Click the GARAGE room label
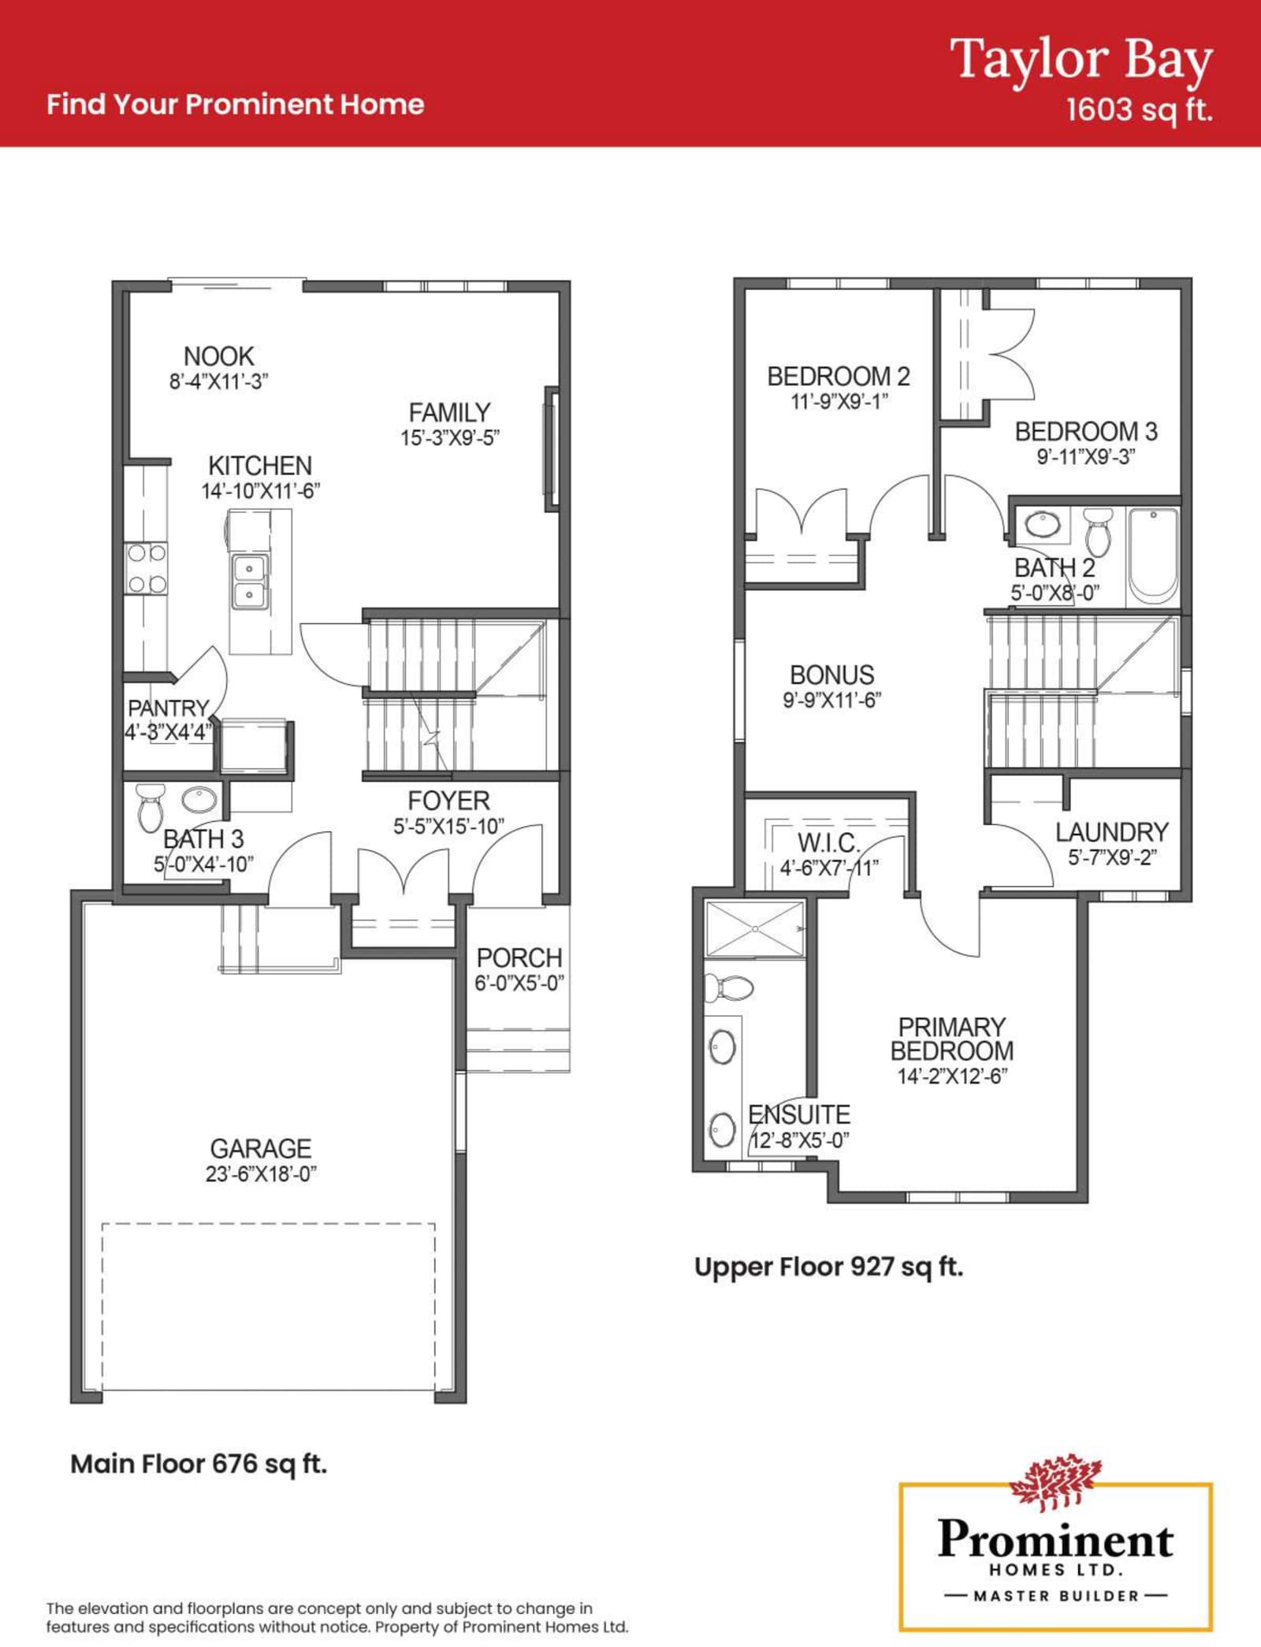click(x=261, y=1148)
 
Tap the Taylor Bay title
click(x=1081, y=60)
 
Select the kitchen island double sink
click(x=250, y=581)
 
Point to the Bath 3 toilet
click(x=150, y=808)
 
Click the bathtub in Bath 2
click(x=1153, y=555)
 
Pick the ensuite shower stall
click(x=755, y=930)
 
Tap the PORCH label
click(x=519, y=957)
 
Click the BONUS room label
click(x=832, y=675)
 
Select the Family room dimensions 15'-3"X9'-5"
click(x=451, y=438)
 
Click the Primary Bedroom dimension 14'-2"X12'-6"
click(x=952, y=1076)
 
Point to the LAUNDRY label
click(x=1112, y=832)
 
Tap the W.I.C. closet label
click(x=828, y=843)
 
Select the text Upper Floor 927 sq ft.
click(x=828, y=1266)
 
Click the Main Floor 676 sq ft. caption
click(x=199, y=1463)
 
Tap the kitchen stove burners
click(x=147, y=568)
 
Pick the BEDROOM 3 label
click(x=1086, y=431)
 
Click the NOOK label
click(x=219, y=356)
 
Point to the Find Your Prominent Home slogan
click(x=236, y=104)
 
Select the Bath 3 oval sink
click(x=199, y=800)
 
